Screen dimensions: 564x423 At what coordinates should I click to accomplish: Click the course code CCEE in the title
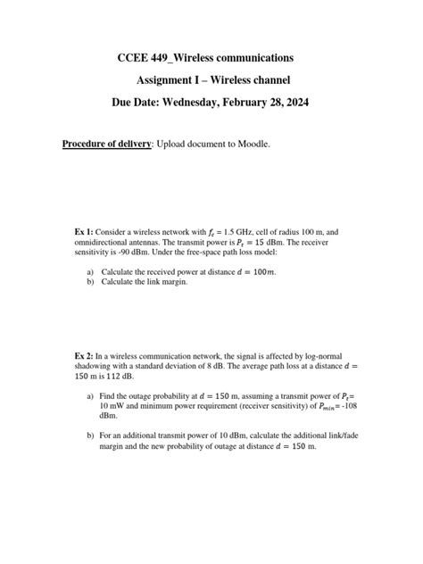pos(137,58)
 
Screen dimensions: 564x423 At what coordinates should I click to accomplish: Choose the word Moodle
pos(250,144)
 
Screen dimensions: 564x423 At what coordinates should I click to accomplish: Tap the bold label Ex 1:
pos(84,231)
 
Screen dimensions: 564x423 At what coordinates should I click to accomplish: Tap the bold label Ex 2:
pos(84,355)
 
